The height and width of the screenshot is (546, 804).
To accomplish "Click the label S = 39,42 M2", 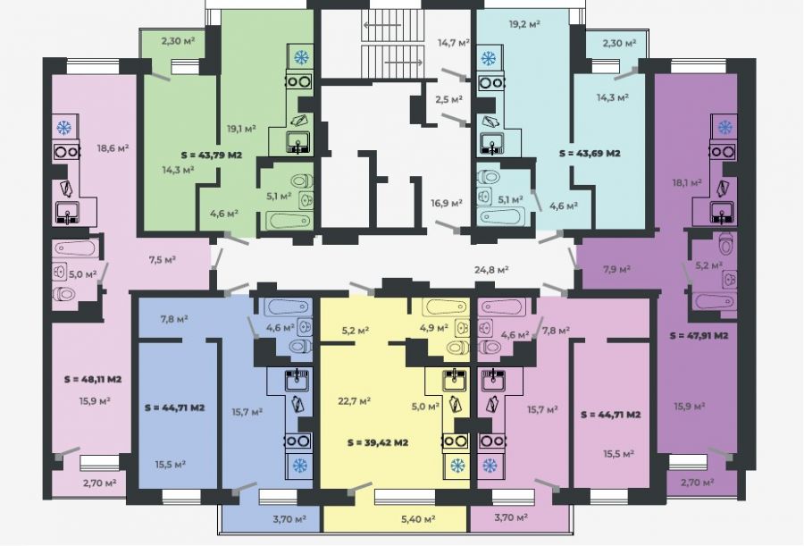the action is point(377,442).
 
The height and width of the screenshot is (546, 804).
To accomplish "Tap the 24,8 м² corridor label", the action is point(491,269).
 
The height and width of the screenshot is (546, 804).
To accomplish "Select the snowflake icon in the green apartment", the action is point(301,57).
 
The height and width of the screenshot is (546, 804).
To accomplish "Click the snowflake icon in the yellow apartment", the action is point(456,466).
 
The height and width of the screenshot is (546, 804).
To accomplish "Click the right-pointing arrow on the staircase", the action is point(404,63).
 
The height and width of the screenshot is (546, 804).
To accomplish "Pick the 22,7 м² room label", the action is point(355,400).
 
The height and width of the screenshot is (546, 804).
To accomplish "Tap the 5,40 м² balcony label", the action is point(418,519).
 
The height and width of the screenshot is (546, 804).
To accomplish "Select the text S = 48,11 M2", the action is point(93,380).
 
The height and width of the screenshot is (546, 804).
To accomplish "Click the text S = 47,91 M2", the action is point(699,336).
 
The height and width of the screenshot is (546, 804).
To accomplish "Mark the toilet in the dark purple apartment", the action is point(726,244).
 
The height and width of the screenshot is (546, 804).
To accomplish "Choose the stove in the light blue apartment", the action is point(490,82).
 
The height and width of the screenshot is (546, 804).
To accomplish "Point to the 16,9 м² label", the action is point(446,203).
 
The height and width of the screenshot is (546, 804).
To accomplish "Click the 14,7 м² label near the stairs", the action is point(453,43).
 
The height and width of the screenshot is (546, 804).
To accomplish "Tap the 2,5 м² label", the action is point(449,99).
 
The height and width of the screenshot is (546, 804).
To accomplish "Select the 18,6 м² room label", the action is point(113,148).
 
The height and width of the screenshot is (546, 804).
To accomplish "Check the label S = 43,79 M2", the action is point(211,155).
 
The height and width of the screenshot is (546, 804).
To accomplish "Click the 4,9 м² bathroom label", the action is point(434,327).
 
